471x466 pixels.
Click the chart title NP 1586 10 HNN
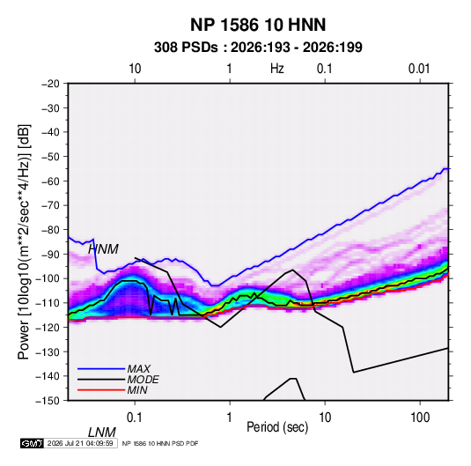click(258, 25)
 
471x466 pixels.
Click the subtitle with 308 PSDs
click(258, 48)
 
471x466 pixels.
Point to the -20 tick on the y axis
click(50, 84)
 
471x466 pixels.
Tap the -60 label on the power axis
click(50, 181)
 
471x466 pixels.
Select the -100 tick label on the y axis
click(48, 278)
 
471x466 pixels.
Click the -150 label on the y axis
click(48, 401)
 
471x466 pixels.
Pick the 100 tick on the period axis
click(420, 418)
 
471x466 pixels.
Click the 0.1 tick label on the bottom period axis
click(135, 418)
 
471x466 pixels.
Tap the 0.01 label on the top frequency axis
click(419, 69)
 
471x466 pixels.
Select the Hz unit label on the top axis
click(277, 69)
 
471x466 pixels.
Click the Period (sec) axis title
click(277, 427)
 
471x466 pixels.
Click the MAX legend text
click(138, 369)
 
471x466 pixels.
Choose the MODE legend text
click(143, 380)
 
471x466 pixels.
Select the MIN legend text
click(137, 390)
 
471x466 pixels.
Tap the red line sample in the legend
click(101, 390)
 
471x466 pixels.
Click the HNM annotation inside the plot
click(103, 249)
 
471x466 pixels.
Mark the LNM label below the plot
click(101, 433)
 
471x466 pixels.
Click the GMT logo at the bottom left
click(32, 443)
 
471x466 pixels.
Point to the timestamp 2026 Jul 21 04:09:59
click(80, 443)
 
